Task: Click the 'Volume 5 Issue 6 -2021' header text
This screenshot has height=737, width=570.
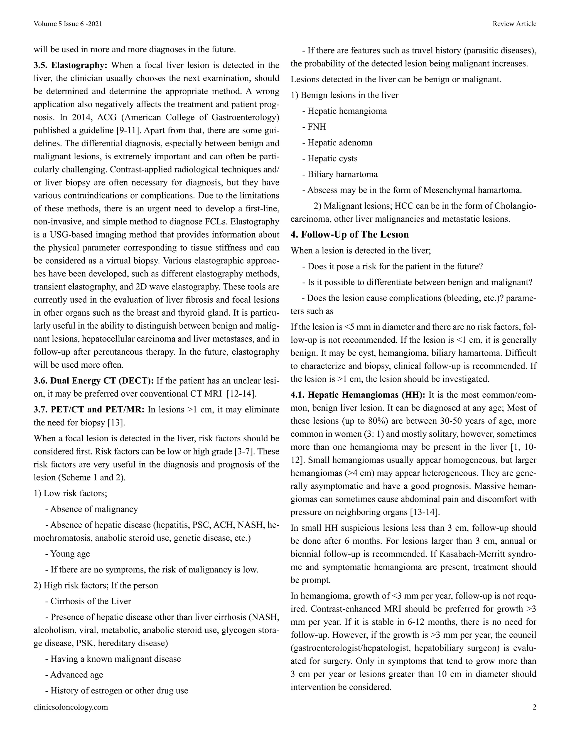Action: coord(68,24)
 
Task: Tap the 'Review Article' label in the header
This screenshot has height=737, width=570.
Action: coord(514,24)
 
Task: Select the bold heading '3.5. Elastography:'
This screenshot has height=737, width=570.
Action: coord(70,65)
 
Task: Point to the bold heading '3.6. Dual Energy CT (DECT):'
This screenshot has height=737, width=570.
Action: coord(94,381)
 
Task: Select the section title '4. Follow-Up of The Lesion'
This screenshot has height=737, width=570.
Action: coord(350,234)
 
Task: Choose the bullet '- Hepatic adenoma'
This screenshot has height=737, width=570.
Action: coord(337,143)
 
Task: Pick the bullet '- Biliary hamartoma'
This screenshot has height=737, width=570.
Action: coord(340,174)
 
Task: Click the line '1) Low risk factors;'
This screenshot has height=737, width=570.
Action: coord(70,493)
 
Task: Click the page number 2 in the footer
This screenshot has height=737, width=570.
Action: coord(534,707)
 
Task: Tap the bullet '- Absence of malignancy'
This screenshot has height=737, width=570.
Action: coord(91,509)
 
